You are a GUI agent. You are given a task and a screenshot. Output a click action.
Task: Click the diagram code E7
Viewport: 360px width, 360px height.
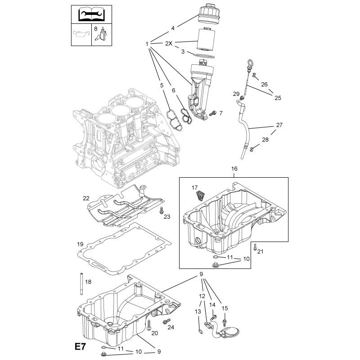[80, 346]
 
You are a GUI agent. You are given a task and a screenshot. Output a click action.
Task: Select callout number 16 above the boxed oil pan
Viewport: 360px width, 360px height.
[234, 169]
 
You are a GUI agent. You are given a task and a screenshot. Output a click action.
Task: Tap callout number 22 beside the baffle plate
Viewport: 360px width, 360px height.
[86, 198]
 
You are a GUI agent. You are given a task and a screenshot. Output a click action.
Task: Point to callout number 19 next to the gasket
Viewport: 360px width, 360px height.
[80, 244]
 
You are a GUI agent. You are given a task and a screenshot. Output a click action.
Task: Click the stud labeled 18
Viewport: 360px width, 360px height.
[81, 284]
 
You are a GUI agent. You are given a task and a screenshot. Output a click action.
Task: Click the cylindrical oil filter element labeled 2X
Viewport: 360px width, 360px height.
[206, 39]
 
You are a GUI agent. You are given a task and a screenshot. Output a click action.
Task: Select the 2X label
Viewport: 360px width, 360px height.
[169, 43]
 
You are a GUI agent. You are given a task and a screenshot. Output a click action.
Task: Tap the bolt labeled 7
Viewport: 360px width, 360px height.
[213, 113]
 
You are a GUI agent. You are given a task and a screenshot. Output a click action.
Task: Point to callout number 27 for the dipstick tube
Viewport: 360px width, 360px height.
[279, 125]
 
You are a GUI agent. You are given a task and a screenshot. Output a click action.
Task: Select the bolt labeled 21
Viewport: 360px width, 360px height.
[255, 247]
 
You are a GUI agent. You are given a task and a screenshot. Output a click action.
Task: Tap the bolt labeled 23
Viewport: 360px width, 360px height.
[162, 210]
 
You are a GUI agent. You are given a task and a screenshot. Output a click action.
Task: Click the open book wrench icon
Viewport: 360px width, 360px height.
[91, 14]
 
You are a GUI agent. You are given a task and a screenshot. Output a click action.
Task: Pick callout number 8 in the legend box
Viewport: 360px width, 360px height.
[96, 29]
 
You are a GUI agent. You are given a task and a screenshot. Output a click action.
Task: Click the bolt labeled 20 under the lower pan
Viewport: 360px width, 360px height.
[149, 325]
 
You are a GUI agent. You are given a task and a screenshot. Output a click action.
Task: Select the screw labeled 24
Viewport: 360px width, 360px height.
[166, 321]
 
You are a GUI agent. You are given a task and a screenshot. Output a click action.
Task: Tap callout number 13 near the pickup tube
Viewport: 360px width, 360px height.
[198, 311]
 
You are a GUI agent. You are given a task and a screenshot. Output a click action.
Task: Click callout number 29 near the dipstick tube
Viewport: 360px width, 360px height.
[236, 94]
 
